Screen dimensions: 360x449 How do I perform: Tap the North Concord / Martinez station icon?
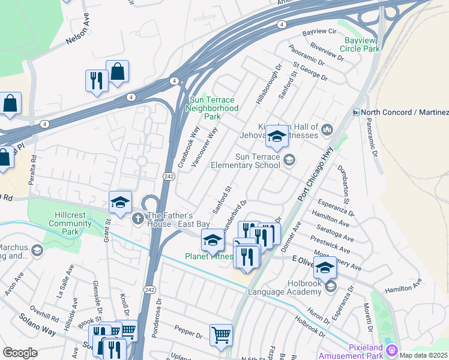click(357, 112)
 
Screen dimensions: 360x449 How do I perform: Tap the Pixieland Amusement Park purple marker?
click(392, 349)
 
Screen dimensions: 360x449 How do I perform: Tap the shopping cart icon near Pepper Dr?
click(221, 334)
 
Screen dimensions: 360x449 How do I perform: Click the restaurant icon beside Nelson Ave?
click(97, 80)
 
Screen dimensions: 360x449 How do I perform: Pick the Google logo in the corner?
click(20, 353)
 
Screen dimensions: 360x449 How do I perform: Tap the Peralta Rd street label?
click(34, 170)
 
